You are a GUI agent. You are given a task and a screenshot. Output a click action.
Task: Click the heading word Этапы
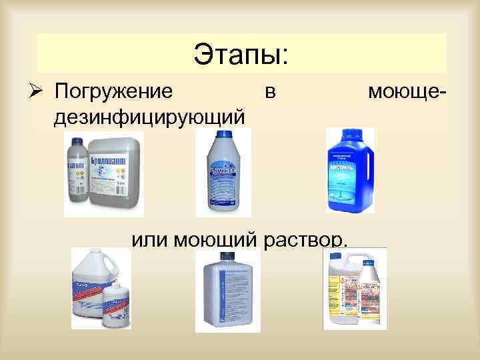[241, 53]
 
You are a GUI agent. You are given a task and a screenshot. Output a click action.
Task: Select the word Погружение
[113, 89]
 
